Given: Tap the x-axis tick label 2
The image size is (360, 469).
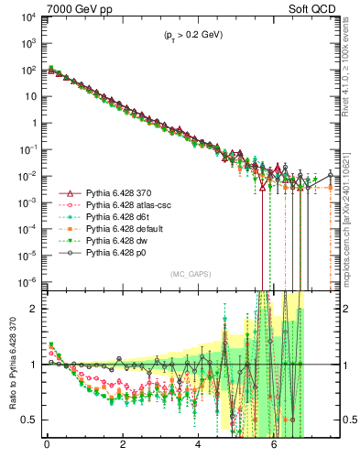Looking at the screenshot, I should pos(123,452).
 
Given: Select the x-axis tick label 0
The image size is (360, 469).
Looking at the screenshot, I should pos(47,452).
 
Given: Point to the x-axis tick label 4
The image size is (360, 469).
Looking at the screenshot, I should pos(198,452).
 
